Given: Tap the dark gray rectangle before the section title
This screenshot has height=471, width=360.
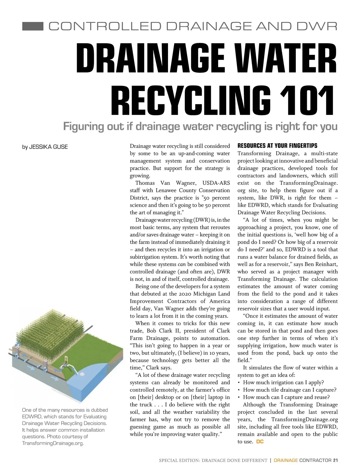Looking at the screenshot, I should click(x=33, y=26).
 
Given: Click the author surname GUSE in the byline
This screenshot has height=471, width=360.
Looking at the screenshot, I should click(x=60, y=147).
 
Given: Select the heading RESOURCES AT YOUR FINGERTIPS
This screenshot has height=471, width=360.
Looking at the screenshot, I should click(x=277, y=146).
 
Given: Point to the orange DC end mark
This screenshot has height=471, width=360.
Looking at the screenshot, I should click(x=260, y=442).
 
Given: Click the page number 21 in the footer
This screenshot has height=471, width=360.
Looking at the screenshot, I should click(x=335, y=460).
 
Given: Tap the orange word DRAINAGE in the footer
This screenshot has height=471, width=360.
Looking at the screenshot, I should click(x=286, y=460).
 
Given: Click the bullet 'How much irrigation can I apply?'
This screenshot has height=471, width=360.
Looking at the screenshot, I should click(x=283, y=382).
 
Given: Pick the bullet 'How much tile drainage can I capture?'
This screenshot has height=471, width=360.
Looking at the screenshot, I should click(x=289, y=390).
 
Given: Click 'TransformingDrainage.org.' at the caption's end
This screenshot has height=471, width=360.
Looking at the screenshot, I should click(x=53, y=443).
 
